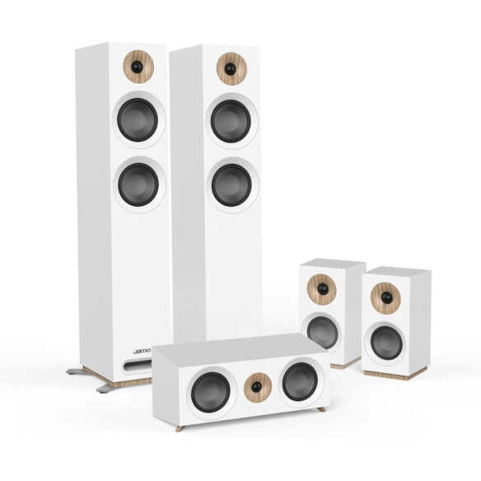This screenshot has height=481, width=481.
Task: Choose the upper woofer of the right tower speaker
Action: [x=231, y=117]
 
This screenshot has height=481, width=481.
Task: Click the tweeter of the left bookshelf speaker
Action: [x=322, y=289]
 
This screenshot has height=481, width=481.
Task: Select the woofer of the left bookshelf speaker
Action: [x=322, y=330]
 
